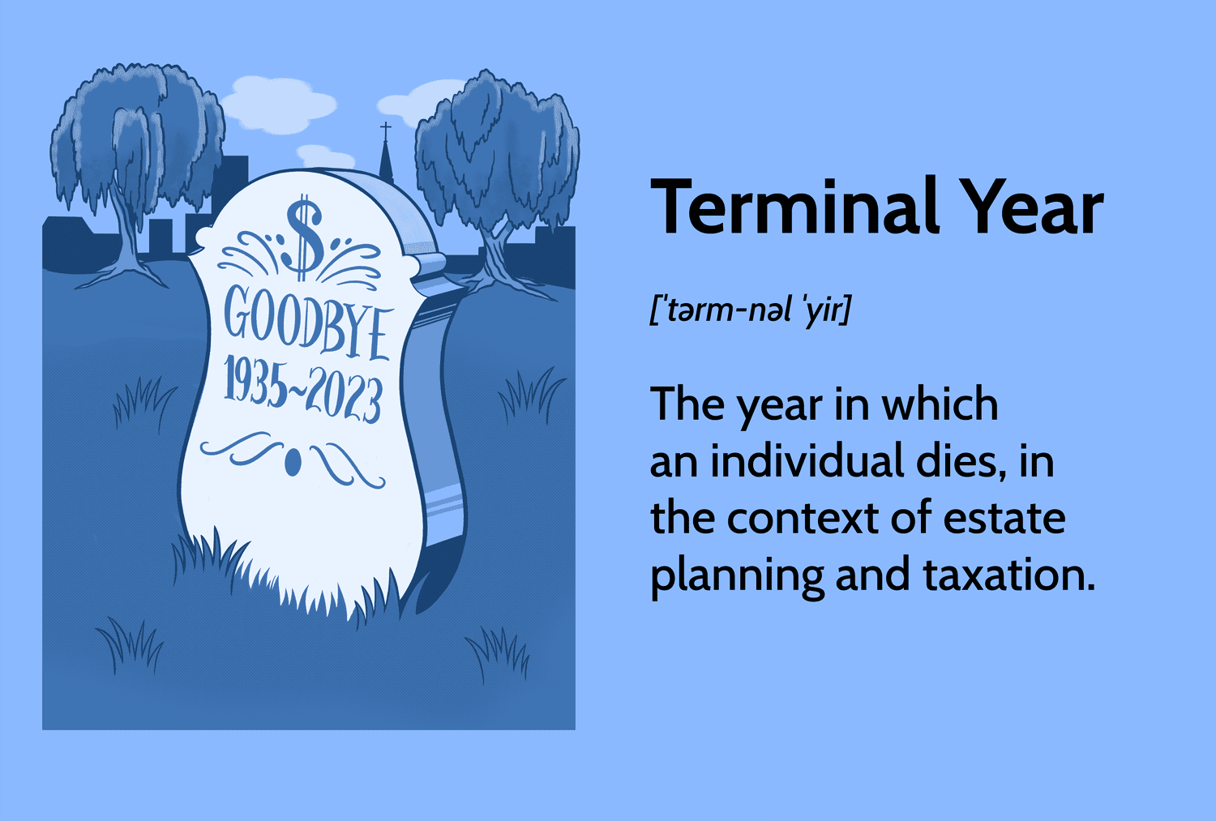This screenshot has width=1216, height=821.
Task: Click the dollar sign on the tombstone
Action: click(305, 237)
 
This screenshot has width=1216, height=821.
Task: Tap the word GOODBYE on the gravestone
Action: click(307, 323)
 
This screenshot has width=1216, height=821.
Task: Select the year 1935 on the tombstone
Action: click(255, 380)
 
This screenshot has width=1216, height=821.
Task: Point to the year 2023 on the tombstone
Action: click(343, 396)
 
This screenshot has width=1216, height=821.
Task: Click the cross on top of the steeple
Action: click(385, 130)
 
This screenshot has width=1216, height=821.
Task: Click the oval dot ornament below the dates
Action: click(293, 462)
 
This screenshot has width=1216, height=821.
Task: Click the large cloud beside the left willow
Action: click(279, 105)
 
